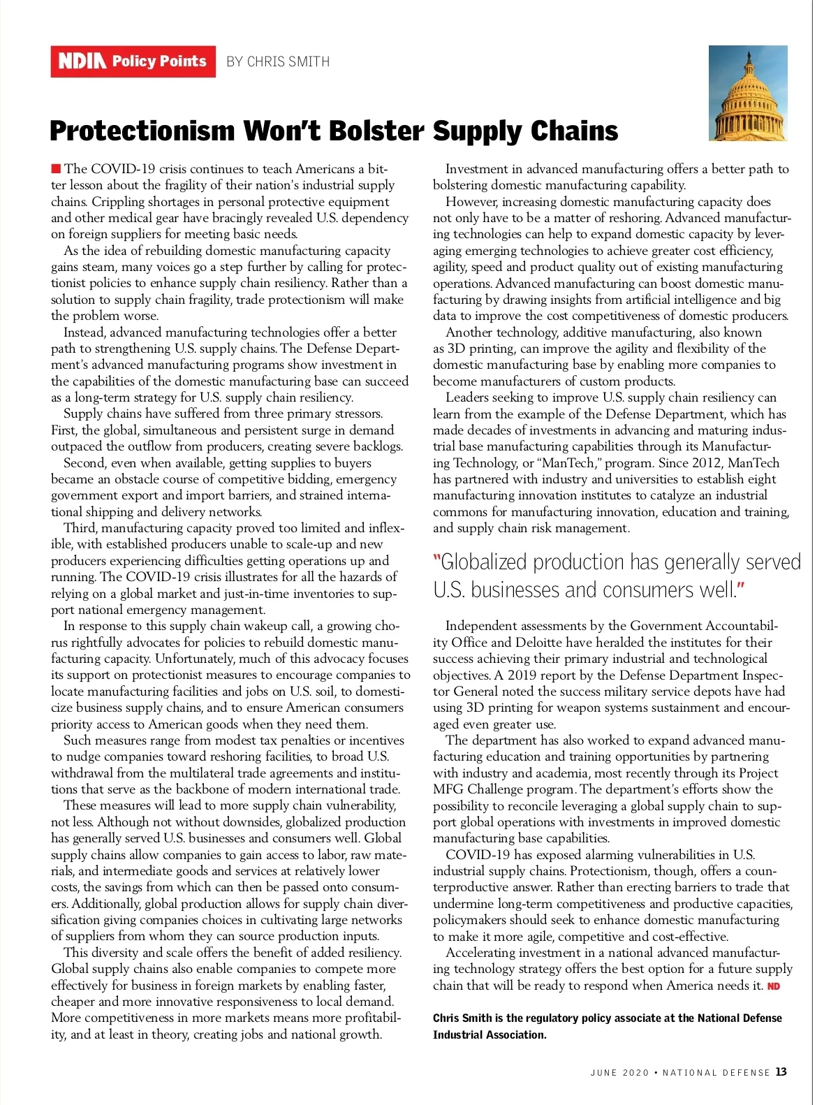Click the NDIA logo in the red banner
pyautogui.click(x=82, y=61)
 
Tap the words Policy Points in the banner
pyautogui.click(x=159, y=61)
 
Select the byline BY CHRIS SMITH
pyautogui.click(x=278, y=61)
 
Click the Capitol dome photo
pyautogui.click(x=748, y=93)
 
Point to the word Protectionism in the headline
pyautogui.click(x=142, y=131)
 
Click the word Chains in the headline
pyautogui.click(x=574, y=131)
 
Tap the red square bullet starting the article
pyautogui.click(x=56, y=168)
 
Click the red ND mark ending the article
pyautogui.click(x=774, y=986)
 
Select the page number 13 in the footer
pyautogui.click(x=781, y=1072)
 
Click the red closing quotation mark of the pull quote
pyautogui.click(x=740, y=589)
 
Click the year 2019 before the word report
pyautogui.click(x=522, y=675)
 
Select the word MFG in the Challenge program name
pyautogui.click(x=450, y=789)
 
